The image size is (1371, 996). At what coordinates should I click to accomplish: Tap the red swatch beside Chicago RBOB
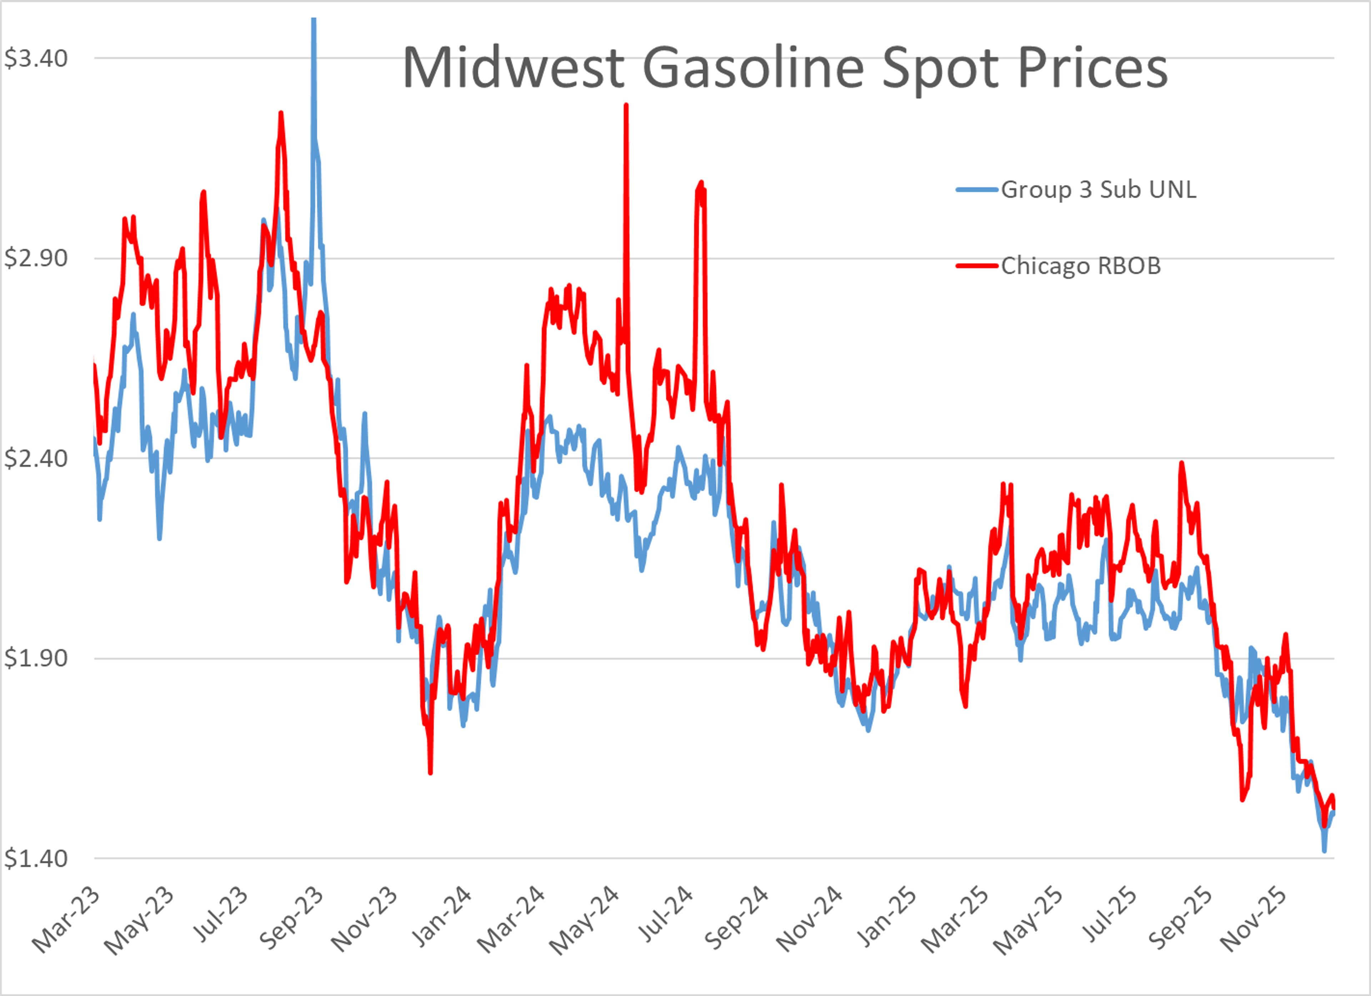[x=976, y=266]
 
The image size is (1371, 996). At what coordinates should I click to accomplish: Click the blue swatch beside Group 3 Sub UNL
[x=976, y=190]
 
